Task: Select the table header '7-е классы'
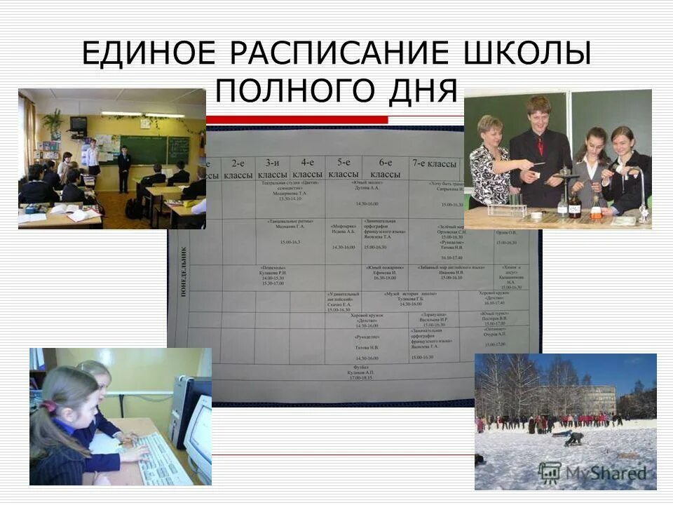tap(433, 163)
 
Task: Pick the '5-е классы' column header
tap(344, 168)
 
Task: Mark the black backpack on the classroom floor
tap(132, 208)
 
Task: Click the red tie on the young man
tap(540, 145)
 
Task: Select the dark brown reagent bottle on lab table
tap(575, 205)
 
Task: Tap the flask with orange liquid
tap(596, 208)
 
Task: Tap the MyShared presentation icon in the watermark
tap(550, 473)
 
